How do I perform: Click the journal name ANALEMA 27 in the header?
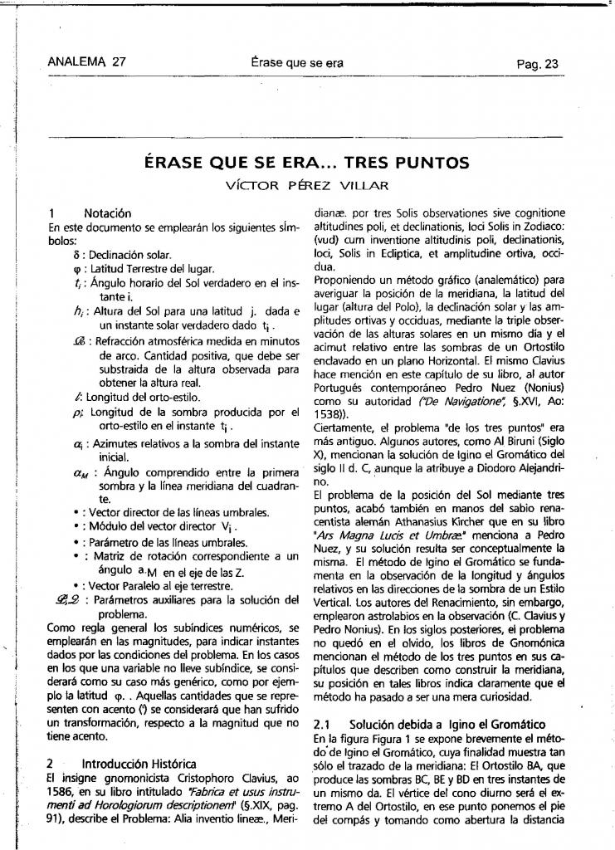[87, 62]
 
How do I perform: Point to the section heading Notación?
[107, 213]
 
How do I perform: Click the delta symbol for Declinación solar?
[76, 255]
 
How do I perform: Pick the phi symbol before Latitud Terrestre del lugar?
[76, 268]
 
